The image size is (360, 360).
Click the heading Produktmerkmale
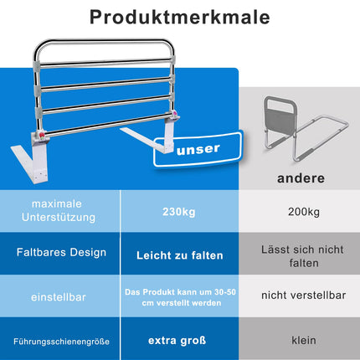coord(180,18)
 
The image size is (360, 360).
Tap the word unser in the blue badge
coord(198,150)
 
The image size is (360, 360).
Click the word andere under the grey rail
coord(301,178)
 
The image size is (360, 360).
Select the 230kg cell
coord(179,212)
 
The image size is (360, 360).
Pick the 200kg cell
coord(304,212)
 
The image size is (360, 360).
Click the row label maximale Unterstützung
coord(59,210)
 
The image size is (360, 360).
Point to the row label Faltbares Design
coord(61,252)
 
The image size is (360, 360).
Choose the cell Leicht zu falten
coord(180,255)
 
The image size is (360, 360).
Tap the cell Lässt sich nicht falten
coord(302,256)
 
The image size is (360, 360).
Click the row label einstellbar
coord(59,297)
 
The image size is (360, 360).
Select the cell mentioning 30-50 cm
coord(181,297)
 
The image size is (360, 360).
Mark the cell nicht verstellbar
coord(304,296)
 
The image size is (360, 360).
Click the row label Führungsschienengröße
coord(61,342)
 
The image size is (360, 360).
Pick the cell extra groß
coord(177,341)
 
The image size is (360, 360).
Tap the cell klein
coord(304,340)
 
